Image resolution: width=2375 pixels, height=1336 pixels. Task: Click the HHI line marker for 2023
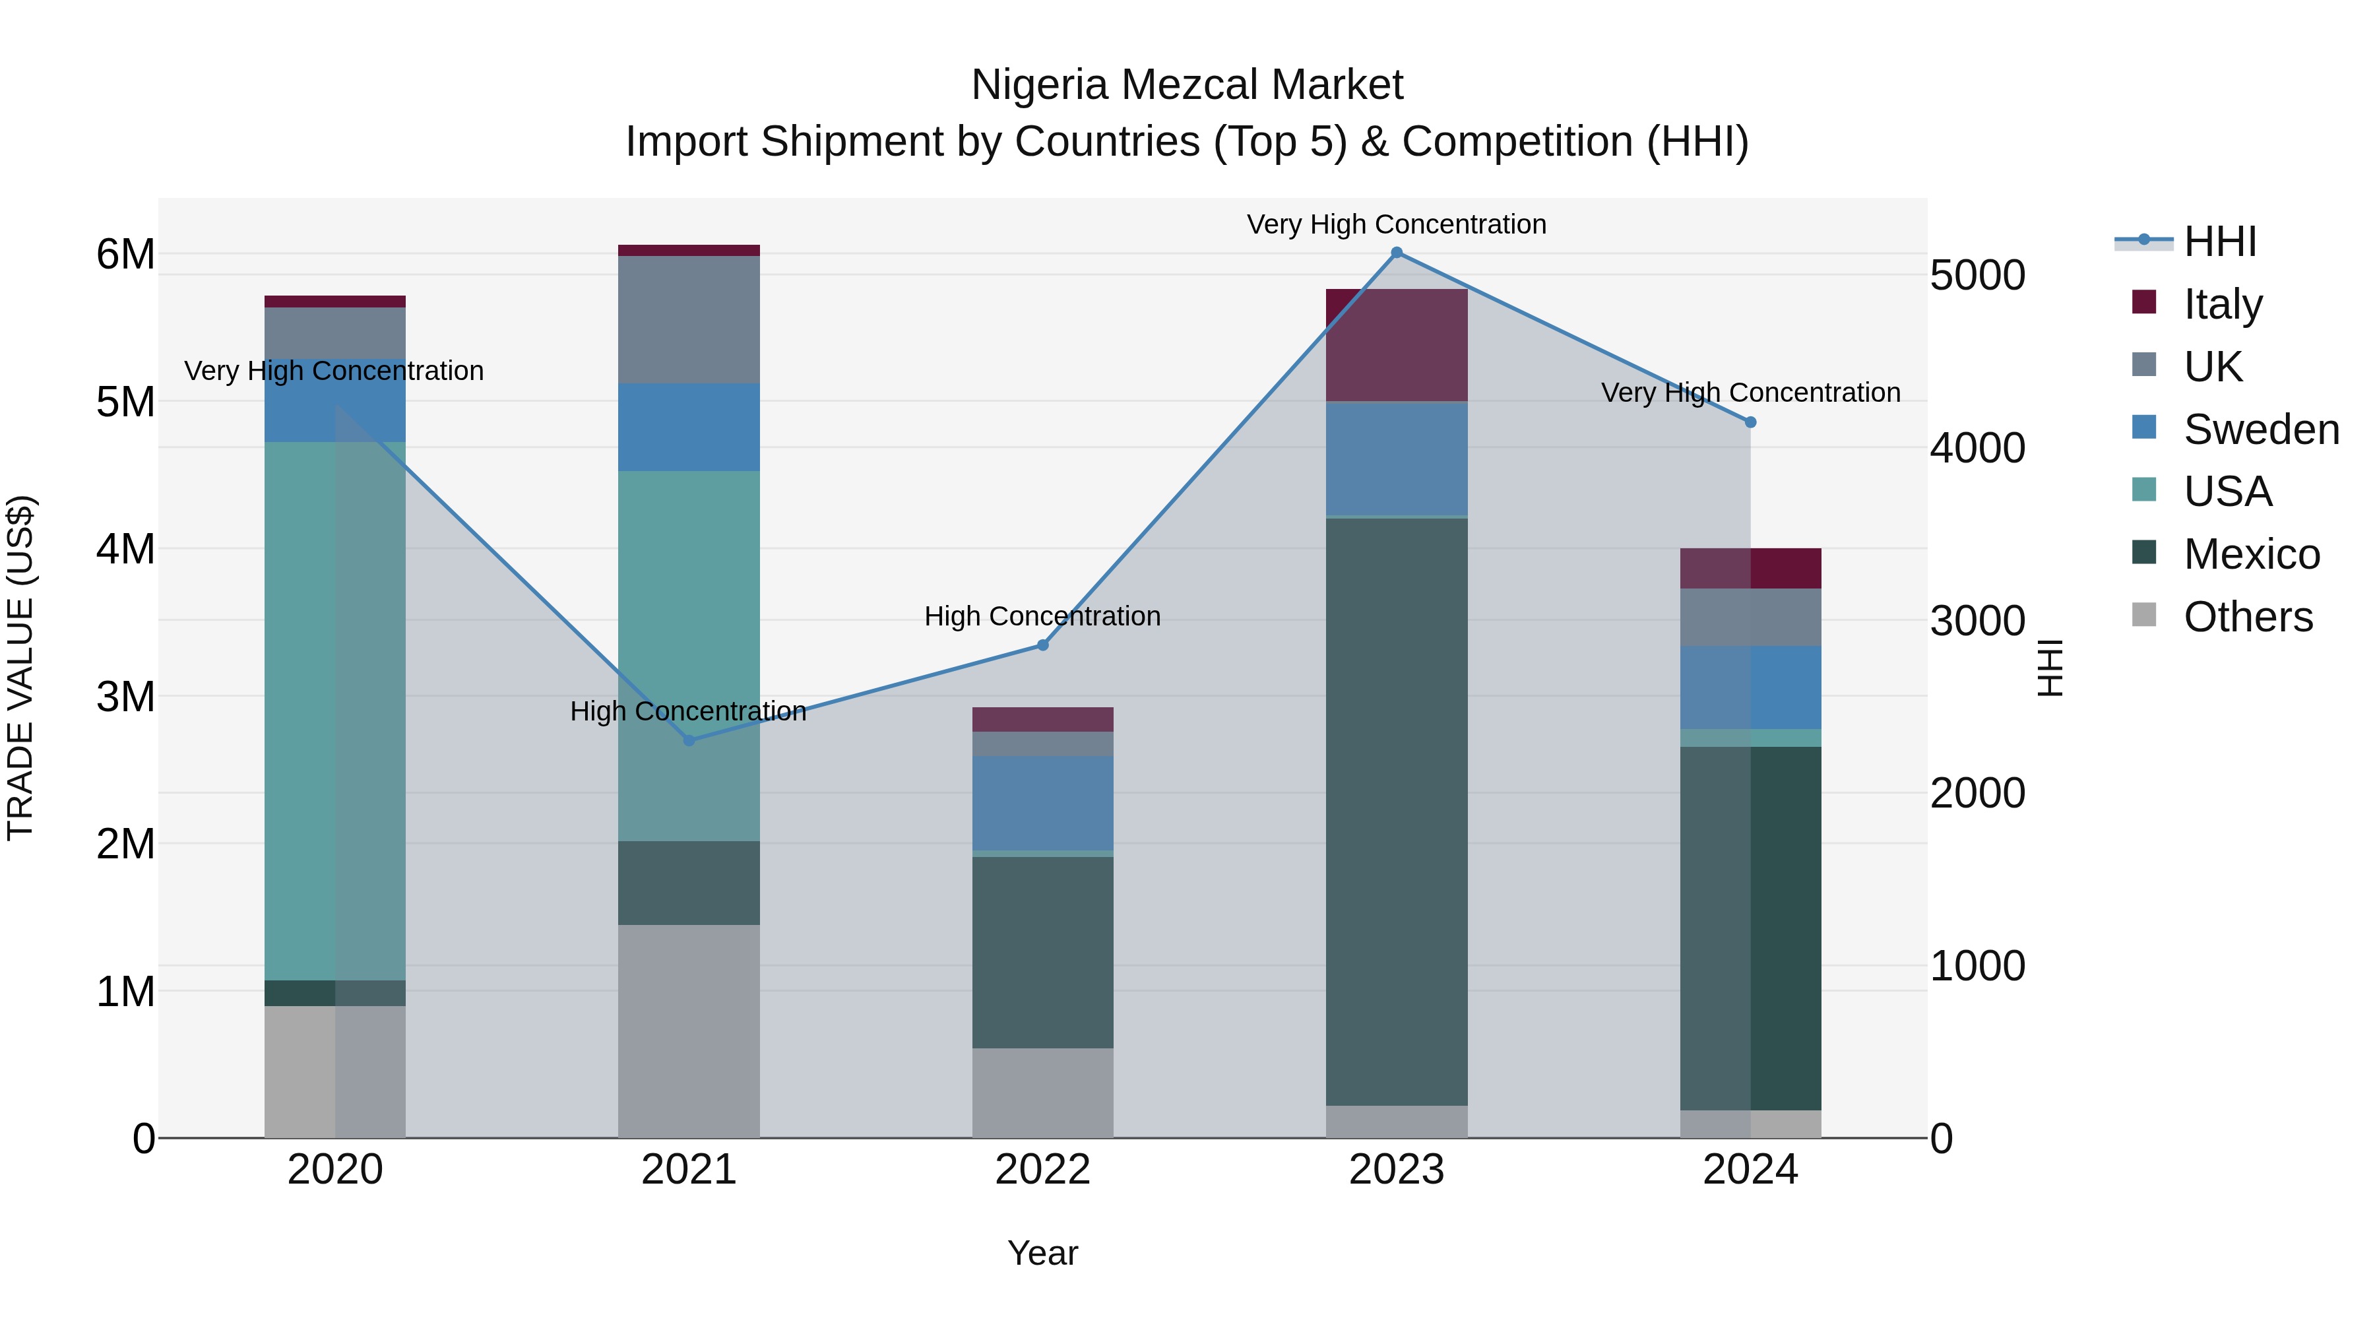tap(1396, 253)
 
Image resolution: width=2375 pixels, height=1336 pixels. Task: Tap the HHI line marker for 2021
tap(689, 740)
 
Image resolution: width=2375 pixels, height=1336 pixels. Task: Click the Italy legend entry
tap(2222, 304)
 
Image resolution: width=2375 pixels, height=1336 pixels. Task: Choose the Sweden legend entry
tap(2260, 429)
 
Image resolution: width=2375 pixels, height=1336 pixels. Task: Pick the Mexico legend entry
tap(2250, 554)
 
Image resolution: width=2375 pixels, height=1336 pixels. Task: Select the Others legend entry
tap(2247, 617)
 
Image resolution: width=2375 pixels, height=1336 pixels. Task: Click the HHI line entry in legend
tap(2218, 241)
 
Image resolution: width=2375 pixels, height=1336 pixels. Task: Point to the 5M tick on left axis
tap(125, 402)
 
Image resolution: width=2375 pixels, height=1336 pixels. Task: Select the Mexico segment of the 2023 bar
tap(1396, 811)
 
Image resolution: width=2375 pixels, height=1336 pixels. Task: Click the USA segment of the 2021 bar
tap(689, 654)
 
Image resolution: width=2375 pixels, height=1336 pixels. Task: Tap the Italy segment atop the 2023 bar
tap(1396, 345)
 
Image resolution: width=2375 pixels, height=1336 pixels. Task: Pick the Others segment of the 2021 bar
tap(689, 1031)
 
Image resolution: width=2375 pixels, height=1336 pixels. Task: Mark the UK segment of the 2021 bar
tap(689, 319)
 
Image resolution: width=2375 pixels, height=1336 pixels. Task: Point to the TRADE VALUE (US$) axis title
tap(20, 668)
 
